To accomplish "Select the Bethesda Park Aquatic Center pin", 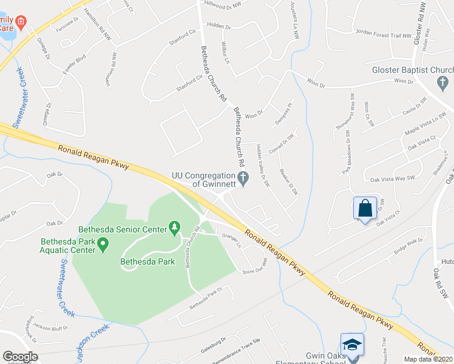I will (103, 245).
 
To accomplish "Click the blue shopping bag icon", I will (365, 208).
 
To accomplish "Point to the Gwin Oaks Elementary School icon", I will (352, 345).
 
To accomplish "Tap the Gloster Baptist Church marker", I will (442, 82).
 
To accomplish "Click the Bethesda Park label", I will (147, 262).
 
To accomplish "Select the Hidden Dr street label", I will (219, 27).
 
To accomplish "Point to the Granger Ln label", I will (232, 240).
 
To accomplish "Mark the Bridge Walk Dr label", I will (408, 245).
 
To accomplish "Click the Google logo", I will (20, 356).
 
